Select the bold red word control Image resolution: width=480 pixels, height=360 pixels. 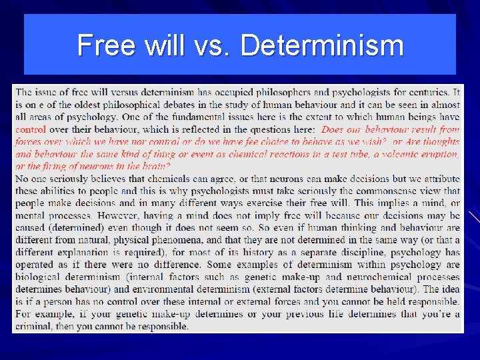31,129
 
